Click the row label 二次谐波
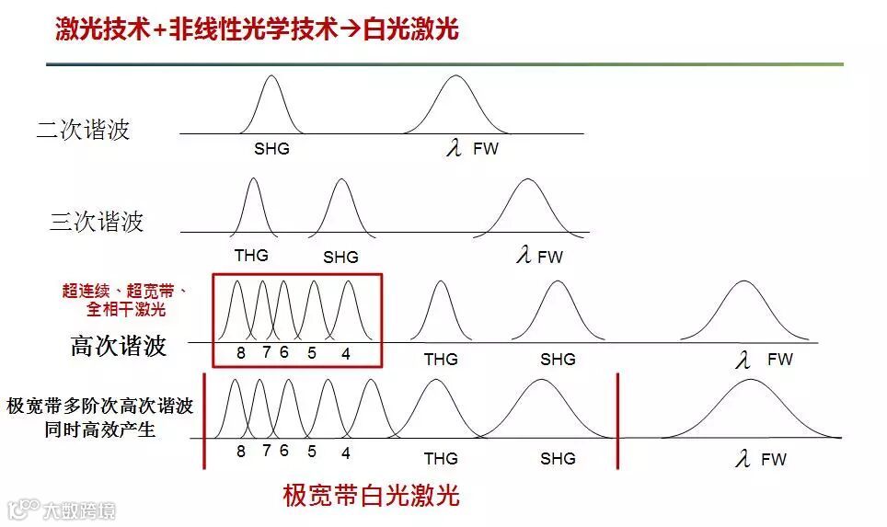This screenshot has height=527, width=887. coord(84,130)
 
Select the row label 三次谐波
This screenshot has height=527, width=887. coord(97,222)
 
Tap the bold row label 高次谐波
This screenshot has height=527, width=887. coord(119,346)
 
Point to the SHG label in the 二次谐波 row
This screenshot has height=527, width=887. coord(271,148)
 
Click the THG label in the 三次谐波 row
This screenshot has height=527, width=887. coord(251,256)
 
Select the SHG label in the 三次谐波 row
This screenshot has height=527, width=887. coord(340,258)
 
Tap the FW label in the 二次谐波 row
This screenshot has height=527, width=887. coord(485,148)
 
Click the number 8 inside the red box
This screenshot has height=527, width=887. coord(240,352)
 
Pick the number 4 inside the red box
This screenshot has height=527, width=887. coord(346,352)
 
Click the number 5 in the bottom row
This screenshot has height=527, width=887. coord(312,452)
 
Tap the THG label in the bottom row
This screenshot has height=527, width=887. coord(441,458)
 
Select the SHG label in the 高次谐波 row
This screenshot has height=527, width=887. coord(558,360)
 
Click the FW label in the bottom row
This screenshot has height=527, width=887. coord(774,458)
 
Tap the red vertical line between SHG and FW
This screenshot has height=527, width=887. coord(617,419)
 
